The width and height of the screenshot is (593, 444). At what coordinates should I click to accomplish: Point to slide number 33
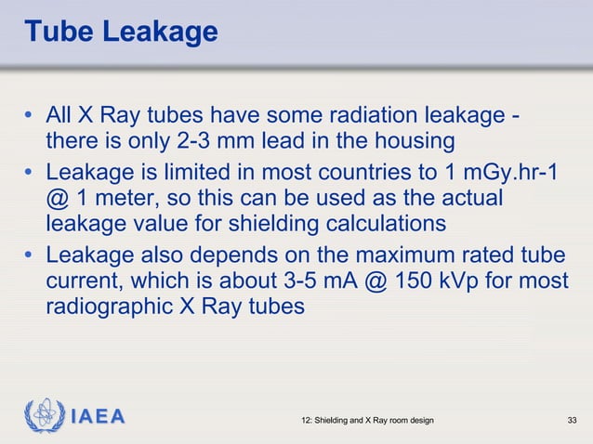coord(573,422)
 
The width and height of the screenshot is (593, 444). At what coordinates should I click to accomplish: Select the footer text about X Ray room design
coord(368,422)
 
